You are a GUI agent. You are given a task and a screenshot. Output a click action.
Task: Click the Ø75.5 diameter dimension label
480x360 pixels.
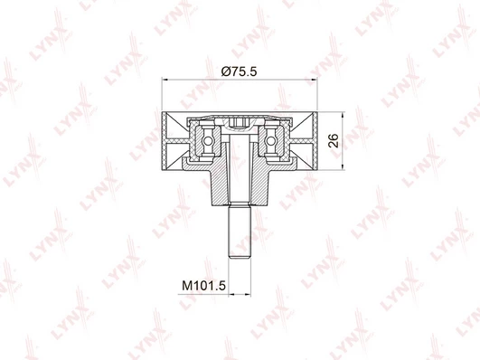click(x=239, y=71)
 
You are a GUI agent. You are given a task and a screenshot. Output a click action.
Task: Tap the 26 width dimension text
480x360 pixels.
click(x=334, y=140)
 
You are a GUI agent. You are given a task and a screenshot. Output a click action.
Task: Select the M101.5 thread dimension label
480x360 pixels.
click(x=203, y=286)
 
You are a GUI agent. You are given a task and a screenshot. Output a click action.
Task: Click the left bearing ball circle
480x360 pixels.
click(x=208, y=141)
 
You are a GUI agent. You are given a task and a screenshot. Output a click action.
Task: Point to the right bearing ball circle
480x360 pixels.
click(x=270, y=141)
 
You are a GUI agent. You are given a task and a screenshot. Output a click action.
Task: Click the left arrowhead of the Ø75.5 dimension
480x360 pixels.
click(x=165, y=80)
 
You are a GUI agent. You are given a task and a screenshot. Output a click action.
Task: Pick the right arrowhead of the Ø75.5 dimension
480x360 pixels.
click(x=314, y=80)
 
